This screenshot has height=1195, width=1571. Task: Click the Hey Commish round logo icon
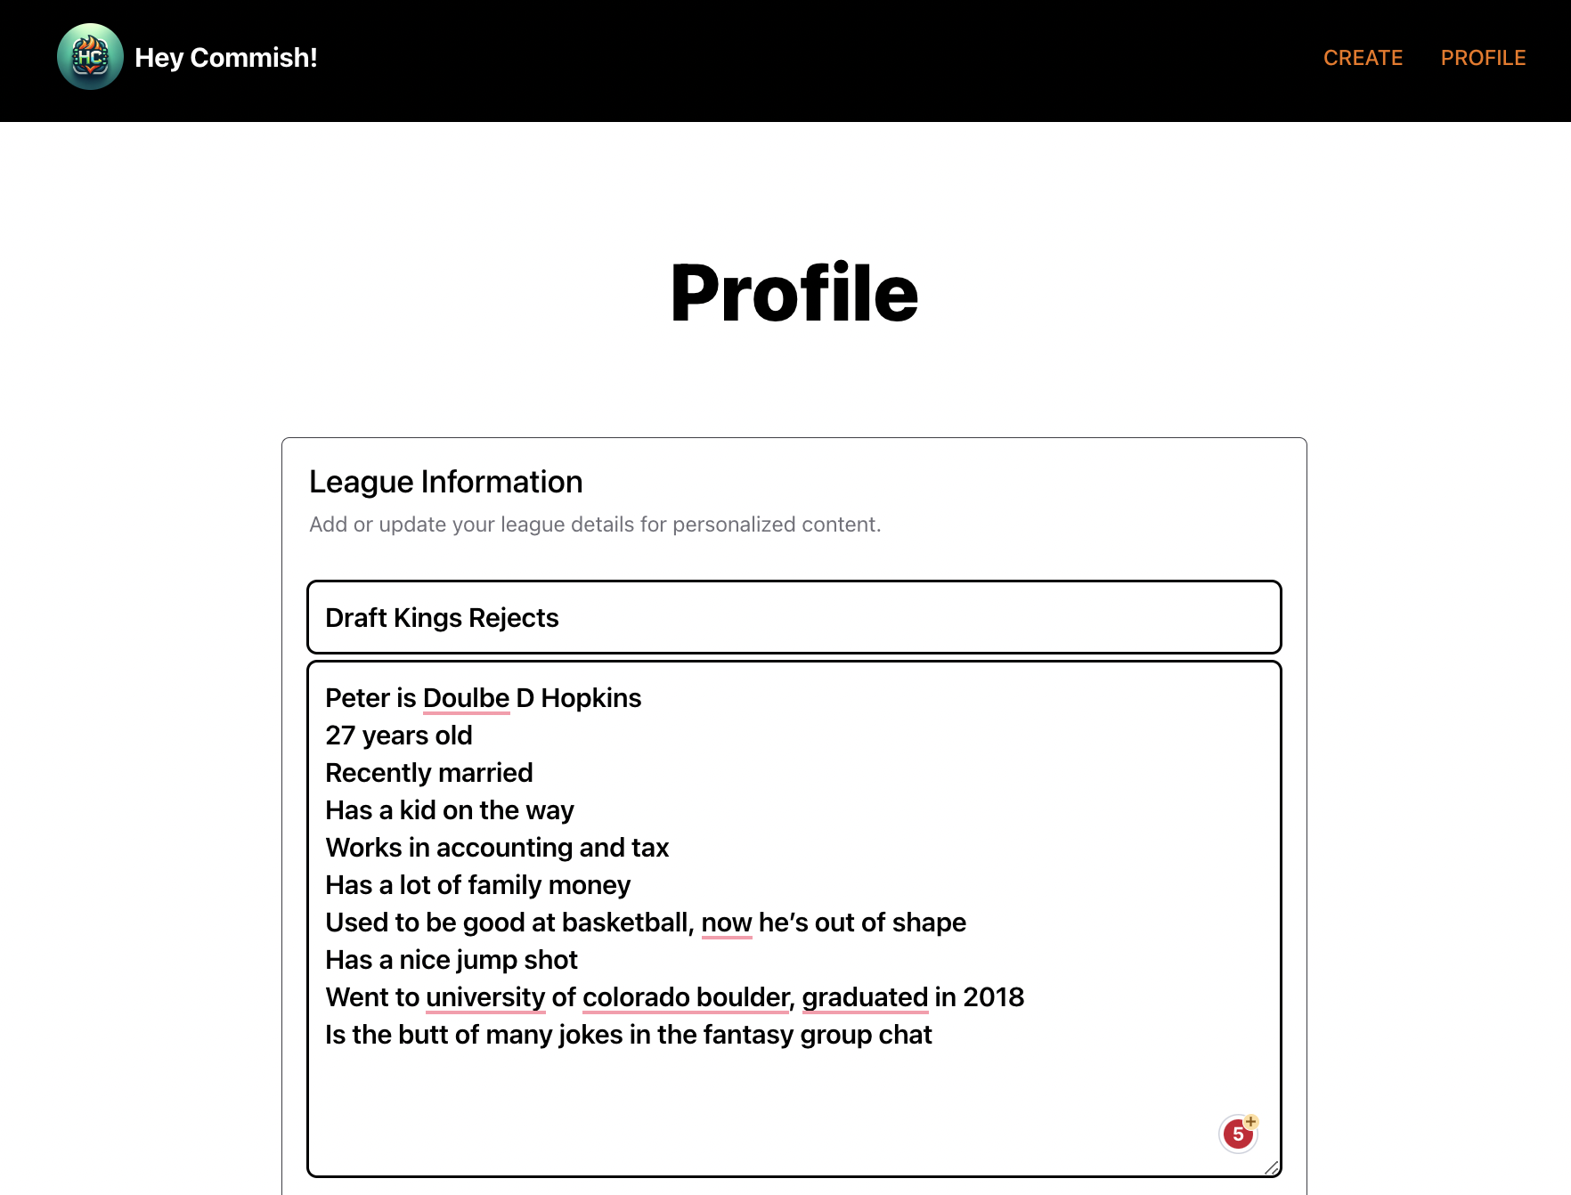tap(90, 57)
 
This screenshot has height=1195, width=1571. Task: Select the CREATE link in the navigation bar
tap(1363, 58)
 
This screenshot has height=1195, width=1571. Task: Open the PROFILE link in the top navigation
tap(1483, 58)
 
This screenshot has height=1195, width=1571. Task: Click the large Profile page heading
tap(794, 293)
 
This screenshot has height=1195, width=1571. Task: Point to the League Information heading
tap(445, 482)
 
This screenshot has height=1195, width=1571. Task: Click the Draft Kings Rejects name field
tap(794, 617)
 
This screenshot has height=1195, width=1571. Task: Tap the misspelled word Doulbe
tap(466, 698)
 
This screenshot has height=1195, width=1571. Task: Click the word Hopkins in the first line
tap(590, 698)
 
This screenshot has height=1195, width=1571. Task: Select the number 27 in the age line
tap(340, 736)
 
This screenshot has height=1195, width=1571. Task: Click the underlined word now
tap(726, 923)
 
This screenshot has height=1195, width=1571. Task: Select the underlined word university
tap(485, 997)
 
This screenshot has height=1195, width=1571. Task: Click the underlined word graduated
tap(865, 997)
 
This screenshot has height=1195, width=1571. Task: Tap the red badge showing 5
tap(1237, 1134)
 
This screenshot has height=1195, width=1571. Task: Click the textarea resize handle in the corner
tap(1271, 1167)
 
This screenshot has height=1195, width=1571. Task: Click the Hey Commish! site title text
tap(226, 58)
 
